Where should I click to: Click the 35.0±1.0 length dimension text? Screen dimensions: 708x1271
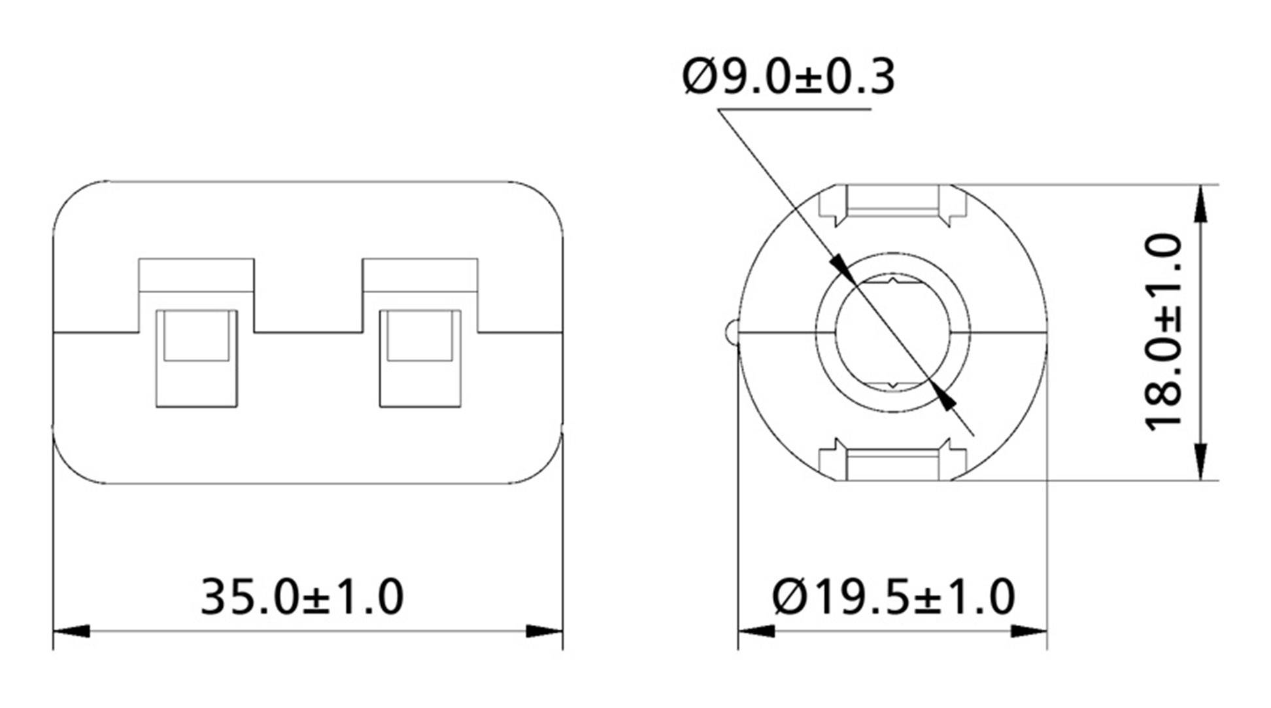point(302,597)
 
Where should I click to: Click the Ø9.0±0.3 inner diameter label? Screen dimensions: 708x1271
point(788,77)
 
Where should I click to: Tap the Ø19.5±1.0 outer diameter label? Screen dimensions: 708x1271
point(893,597)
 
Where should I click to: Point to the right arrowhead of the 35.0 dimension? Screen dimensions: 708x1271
point(545,631)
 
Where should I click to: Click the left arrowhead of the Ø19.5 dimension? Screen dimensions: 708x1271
point(756,631)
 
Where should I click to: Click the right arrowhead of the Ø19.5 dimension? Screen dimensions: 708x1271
point(1029,631)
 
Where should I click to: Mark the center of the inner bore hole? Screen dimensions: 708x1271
point(893,332)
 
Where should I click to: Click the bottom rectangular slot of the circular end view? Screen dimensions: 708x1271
point(893,463)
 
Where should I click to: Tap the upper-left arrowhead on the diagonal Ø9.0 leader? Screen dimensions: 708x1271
point(842,268)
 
